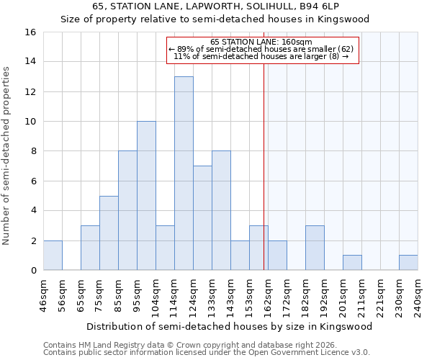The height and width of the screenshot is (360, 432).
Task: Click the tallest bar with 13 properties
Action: pos(184,174)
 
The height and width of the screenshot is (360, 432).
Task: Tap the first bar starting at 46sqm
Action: pos(53,256)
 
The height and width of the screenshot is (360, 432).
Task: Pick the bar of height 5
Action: pos(109,233)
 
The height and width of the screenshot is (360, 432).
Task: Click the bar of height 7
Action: pos(202,218)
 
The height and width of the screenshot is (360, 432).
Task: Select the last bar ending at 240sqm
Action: pos(408,263)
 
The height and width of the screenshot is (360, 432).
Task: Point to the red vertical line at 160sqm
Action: pos(264,180)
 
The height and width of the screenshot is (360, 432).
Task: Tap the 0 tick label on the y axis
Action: pos(32,271)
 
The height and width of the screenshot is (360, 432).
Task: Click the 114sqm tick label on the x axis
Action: pos(174,294)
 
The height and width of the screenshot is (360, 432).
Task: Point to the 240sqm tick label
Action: pos(418,294)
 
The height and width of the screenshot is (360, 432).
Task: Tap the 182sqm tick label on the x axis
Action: pos(305,294)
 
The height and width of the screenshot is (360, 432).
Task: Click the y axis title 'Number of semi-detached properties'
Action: pos(6,155)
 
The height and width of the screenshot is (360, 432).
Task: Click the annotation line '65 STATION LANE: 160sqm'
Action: pos(261,42)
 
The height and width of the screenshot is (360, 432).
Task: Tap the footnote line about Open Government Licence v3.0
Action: pos(206,353)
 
